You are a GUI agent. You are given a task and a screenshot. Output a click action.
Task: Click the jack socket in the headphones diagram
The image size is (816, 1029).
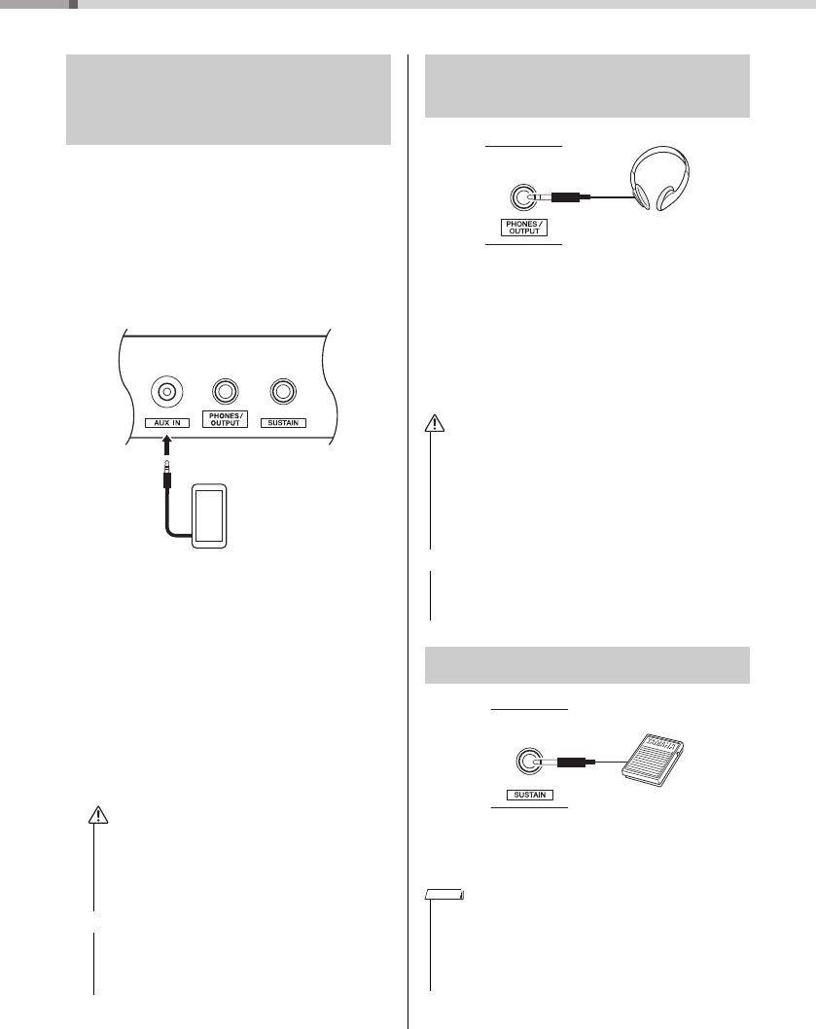pyautogui.click(x=522, y=197)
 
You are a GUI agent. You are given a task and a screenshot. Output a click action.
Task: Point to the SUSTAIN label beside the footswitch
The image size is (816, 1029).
pyautogui.click(x=528, y=794)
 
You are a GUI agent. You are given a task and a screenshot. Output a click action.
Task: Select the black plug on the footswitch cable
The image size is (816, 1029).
pyautogui.click(x=573, y=761)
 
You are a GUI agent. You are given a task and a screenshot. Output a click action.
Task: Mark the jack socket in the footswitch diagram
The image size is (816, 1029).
pyautogui.click(x=528, y=761)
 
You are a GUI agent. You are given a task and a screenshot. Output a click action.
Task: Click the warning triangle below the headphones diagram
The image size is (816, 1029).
pyautogui.click(x=433, y=423)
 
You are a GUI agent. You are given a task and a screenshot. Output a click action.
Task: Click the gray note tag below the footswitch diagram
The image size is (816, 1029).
pyautogui.click(x=445, y=894)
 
